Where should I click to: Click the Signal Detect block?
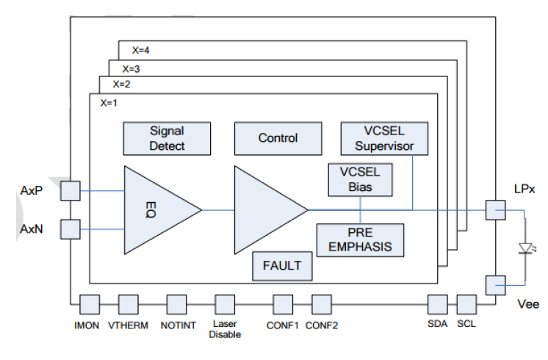tap(167, 138)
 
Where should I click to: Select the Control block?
tap(278, 138)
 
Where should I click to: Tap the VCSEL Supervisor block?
tap(384, 138)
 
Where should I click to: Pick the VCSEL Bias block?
tap(361, 179)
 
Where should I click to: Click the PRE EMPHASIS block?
tap(360, 240)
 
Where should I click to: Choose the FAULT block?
tap(282, 265)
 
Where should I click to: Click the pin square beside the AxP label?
tap(71, 191)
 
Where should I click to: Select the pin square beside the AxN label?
tap(71, 228)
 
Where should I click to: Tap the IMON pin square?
tap(90, 304)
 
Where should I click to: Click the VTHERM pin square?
tap(128, 304)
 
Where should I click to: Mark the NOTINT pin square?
tap(177, 304)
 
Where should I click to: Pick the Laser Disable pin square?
tap(224, 304)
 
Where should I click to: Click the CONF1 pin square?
tap(283, 304)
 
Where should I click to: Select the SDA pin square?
tap(439, 304)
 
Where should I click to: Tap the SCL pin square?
tap(467, 304)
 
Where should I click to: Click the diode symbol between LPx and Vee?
tap(524, 248)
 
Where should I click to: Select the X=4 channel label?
tap(141, 51)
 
